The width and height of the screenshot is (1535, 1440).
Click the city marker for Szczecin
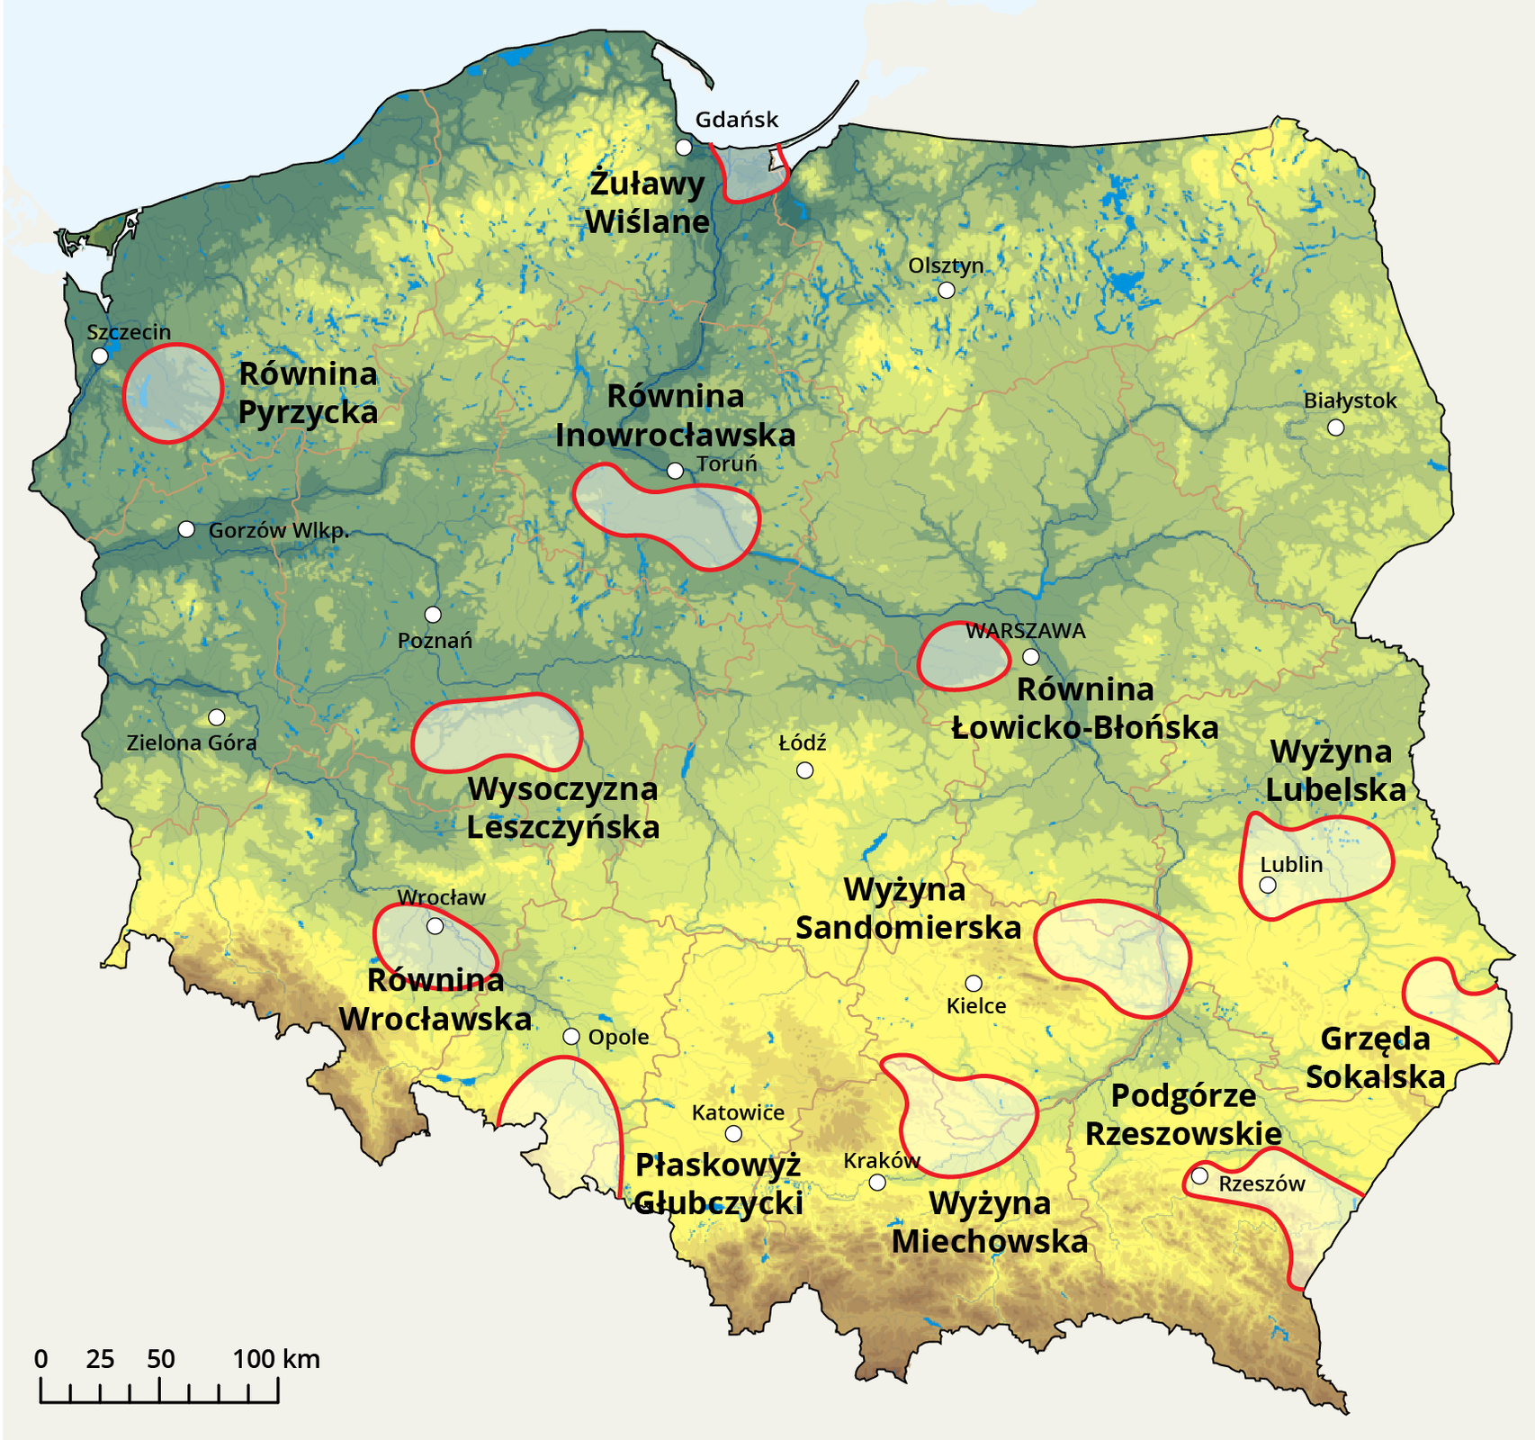click(100, 355)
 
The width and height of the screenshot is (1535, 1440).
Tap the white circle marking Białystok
click(1336, 427)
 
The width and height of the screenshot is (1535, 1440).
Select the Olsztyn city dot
click(946, 290)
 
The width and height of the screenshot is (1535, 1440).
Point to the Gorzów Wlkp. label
click(278, 531)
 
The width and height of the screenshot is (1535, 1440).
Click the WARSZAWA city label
click(1025, 631)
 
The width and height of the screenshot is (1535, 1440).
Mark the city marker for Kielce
click(974, 983)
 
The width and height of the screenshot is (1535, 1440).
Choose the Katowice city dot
click(733, 1133)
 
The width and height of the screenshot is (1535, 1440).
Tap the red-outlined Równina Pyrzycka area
click(172, 392)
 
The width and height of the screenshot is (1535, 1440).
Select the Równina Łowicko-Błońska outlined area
click(963, 656)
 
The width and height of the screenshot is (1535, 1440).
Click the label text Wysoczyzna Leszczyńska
click(563, 808)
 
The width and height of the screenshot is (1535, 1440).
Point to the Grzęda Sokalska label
click(1375, 1057)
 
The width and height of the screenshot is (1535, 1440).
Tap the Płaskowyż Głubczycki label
click(718, 1183)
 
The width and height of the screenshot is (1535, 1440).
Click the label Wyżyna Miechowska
click(990, 1222)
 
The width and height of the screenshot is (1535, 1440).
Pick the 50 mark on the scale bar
click(160, 1359)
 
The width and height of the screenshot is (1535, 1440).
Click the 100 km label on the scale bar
click(276, 1359)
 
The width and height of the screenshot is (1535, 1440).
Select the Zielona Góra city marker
click(216, 717)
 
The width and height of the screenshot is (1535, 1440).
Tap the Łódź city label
click(802, 743)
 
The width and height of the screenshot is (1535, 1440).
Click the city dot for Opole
click(571, 1036)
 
